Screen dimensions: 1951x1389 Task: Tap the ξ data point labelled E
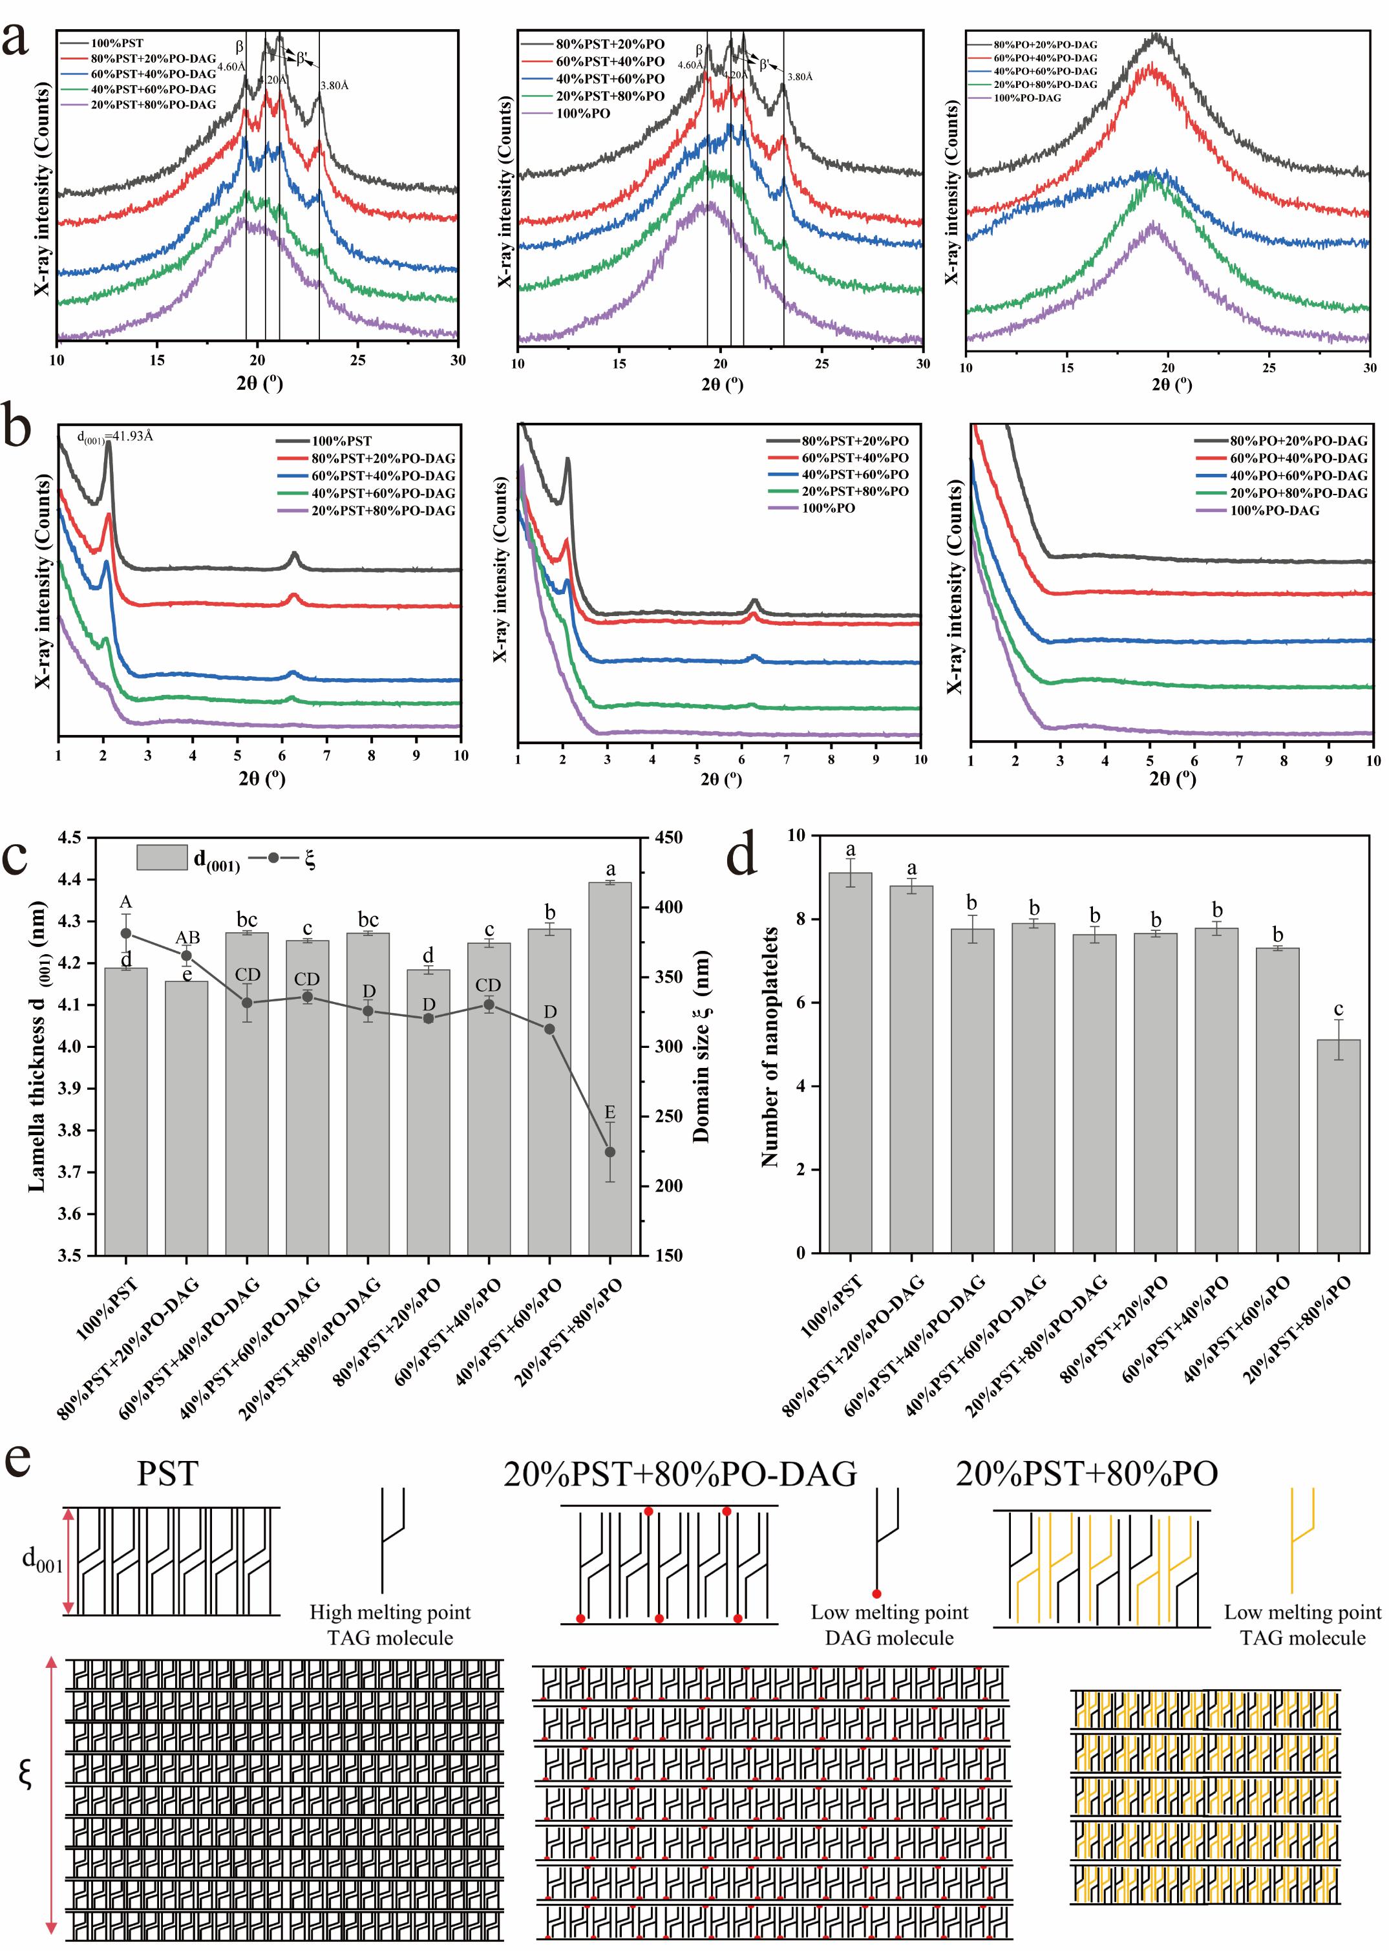[x=610, y=1152]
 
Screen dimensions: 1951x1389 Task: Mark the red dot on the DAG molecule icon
[x=876, y=1594]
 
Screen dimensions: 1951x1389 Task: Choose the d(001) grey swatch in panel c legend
[x=162, y=858]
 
